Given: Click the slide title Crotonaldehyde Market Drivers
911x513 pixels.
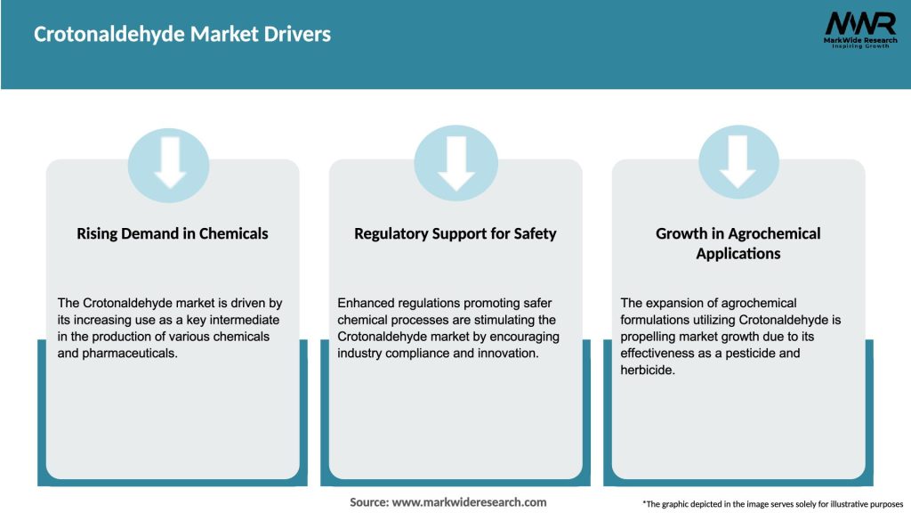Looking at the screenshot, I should pyautogui.click(x=182, y=35).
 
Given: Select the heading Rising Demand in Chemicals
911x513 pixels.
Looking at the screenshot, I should pyautogui.click(x=173, y=234).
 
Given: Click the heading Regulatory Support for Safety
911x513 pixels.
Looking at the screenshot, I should pyautogui.click(x=455, y=234).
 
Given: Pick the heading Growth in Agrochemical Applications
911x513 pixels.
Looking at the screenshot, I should pyautogui.click(x=738, y=243).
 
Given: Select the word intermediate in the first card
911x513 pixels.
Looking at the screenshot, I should pyautogui.click(x=242, y=320).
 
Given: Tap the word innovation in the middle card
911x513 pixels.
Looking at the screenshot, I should pyautogui.click(x=509, y=353).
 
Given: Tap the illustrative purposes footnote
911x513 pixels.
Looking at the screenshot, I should pyautogui.click(x=772, y=504).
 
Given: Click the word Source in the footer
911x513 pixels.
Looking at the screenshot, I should pyautogui.click(x=368, y=502).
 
